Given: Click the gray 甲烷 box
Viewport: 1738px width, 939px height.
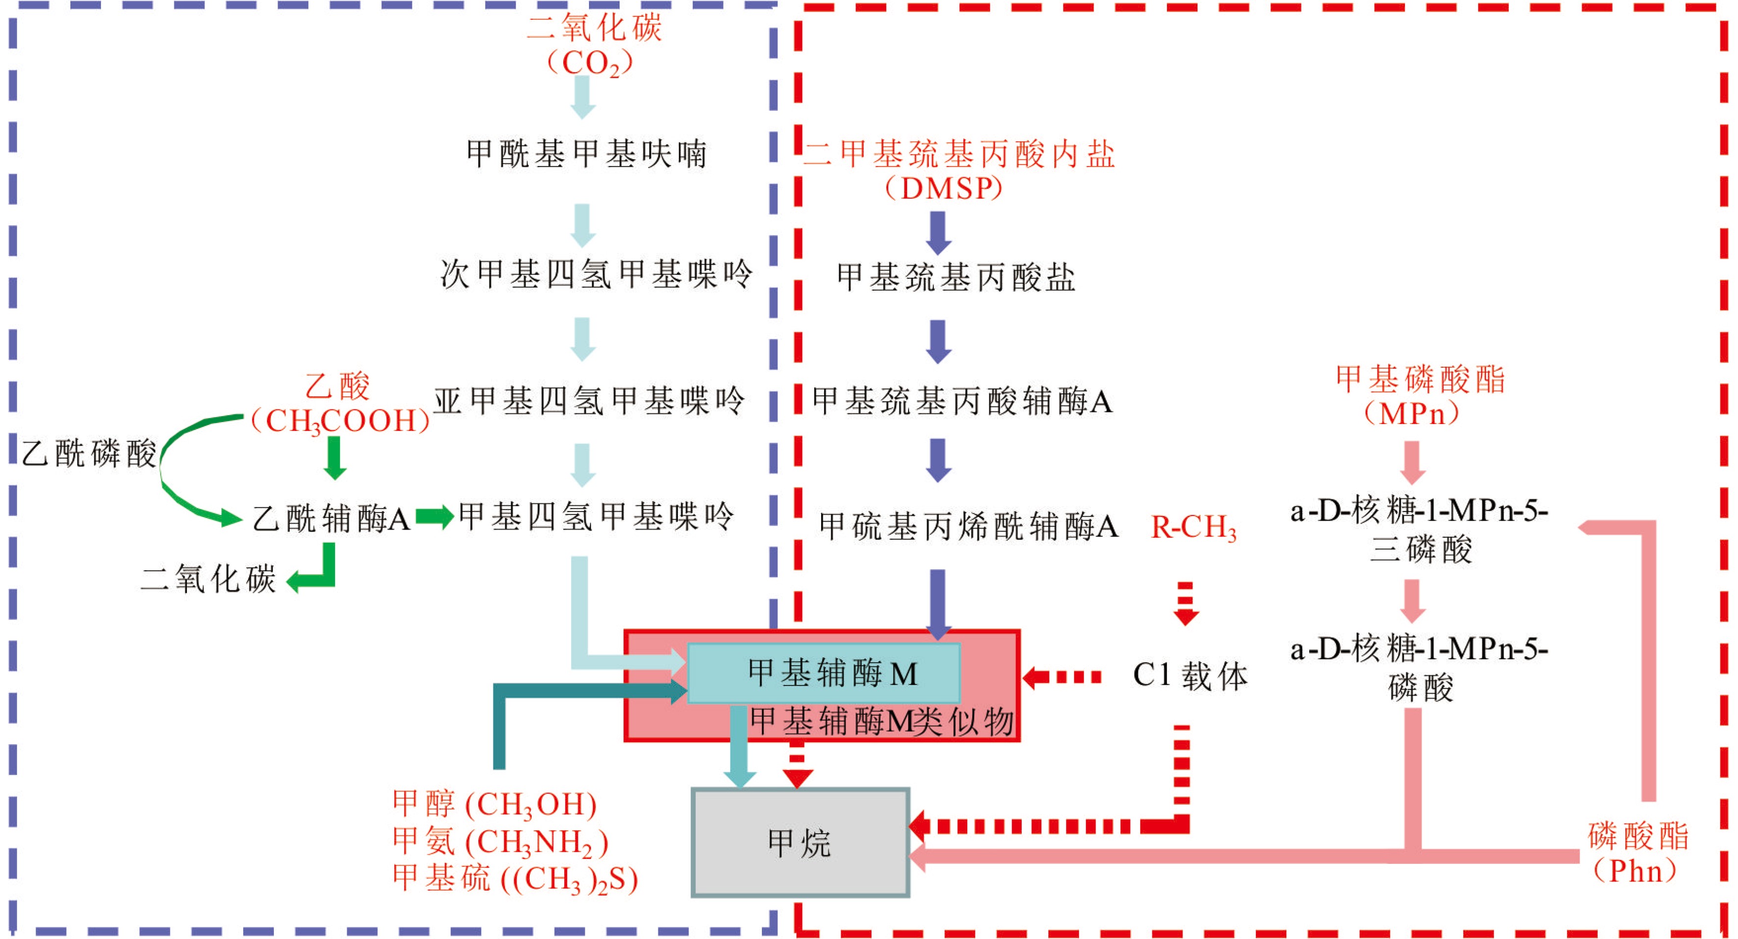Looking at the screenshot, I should [800, 842].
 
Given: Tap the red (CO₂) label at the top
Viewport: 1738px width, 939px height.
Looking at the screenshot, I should [590, 63].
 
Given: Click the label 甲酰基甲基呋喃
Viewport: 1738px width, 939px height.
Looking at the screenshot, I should [587, 154].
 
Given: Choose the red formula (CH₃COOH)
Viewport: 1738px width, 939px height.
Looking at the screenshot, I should [340, 421].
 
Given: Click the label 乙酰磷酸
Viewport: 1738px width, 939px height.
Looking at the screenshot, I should [89, 453].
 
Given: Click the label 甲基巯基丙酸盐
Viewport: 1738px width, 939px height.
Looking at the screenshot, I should [956, 277].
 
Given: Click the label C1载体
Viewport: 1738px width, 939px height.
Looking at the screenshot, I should [1190, 675].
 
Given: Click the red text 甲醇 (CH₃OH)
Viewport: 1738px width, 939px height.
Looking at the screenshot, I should [494, 804].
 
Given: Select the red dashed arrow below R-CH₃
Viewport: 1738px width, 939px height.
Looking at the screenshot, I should [1186, 603].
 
